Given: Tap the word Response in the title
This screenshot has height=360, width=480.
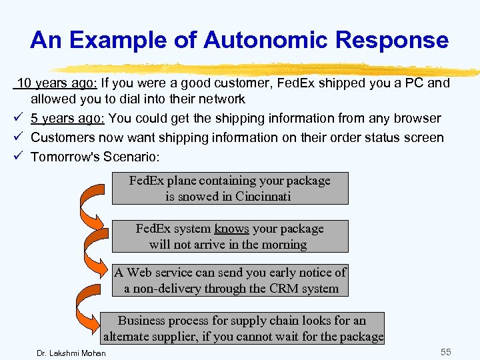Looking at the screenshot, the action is [392, 40].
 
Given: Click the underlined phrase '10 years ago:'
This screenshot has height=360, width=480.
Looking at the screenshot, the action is [57, 83].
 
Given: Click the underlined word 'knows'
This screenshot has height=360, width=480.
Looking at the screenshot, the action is [231, 229].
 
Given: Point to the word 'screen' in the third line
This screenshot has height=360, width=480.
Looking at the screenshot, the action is [424, 138].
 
